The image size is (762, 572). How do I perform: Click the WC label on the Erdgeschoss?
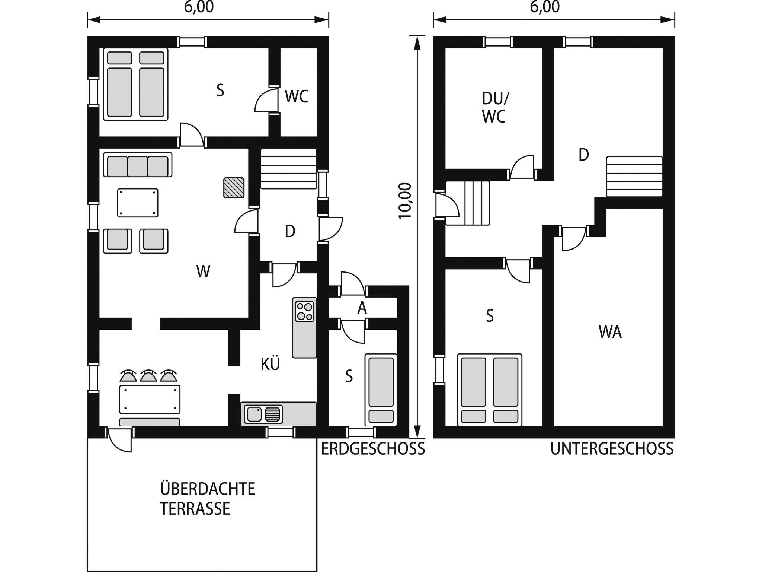click(x=297, y=96)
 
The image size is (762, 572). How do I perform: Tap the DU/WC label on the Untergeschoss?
click(x=494, y=108)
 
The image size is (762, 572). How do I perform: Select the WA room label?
click(x=610, y=332)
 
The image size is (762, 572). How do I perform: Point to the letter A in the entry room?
click(x=362, y=308)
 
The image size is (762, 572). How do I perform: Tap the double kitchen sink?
click(x=263, y=414)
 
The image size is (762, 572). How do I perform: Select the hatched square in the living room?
click(x=234, y=188)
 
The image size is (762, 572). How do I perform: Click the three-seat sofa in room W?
click(x=138, y=165)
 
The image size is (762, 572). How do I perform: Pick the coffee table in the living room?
click(x=138, y=203)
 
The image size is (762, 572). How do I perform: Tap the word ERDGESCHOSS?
click(x=373, y=449)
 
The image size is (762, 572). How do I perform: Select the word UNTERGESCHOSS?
click(x=612, y=449)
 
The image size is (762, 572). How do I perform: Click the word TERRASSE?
click(x=195, y=509)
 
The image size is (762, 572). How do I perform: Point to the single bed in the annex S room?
click(x=381, y=390)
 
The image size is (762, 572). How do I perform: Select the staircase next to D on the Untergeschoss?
click(x=634, y=177)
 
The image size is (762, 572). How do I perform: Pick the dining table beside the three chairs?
click(x=150, y=400)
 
